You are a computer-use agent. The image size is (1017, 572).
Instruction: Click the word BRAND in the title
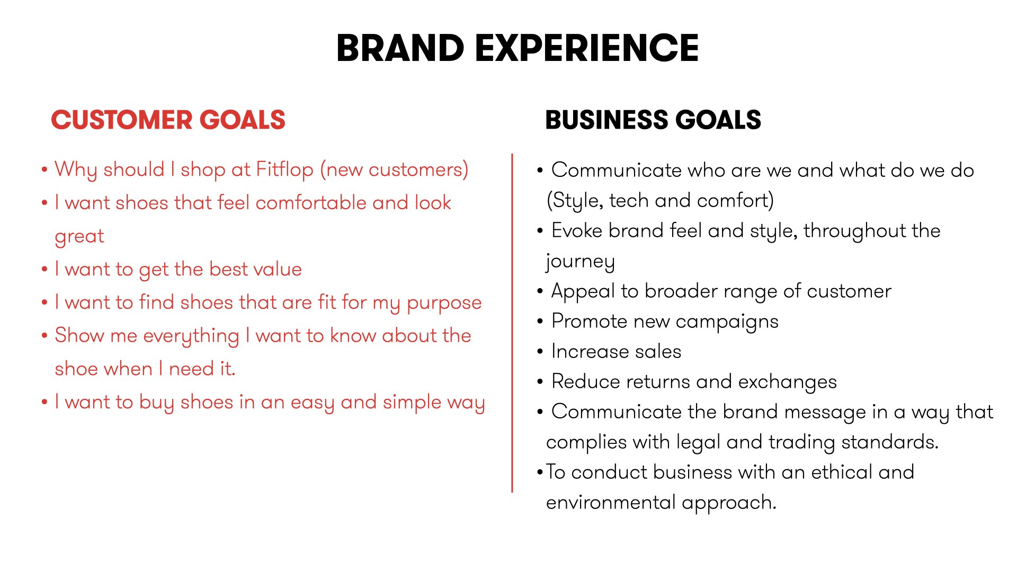[x=400, y=48]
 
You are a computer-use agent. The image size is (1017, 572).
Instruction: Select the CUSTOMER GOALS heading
[x=168, y=120]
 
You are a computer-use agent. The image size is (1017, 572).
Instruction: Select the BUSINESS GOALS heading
[x=653, y=120]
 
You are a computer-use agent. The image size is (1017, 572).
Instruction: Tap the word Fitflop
[x=284, y=169]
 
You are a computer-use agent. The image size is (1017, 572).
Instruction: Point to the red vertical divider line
[x=512, y=323]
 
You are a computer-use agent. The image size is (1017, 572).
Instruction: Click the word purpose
[x=444, y=303]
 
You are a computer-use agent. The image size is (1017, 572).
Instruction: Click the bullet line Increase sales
[x=615, y=351]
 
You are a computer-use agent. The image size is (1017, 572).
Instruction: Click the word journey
[x=580, y=261]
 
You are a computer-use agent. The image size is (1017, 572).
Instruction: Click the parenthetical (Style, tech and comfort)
[x=660, y=201]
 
